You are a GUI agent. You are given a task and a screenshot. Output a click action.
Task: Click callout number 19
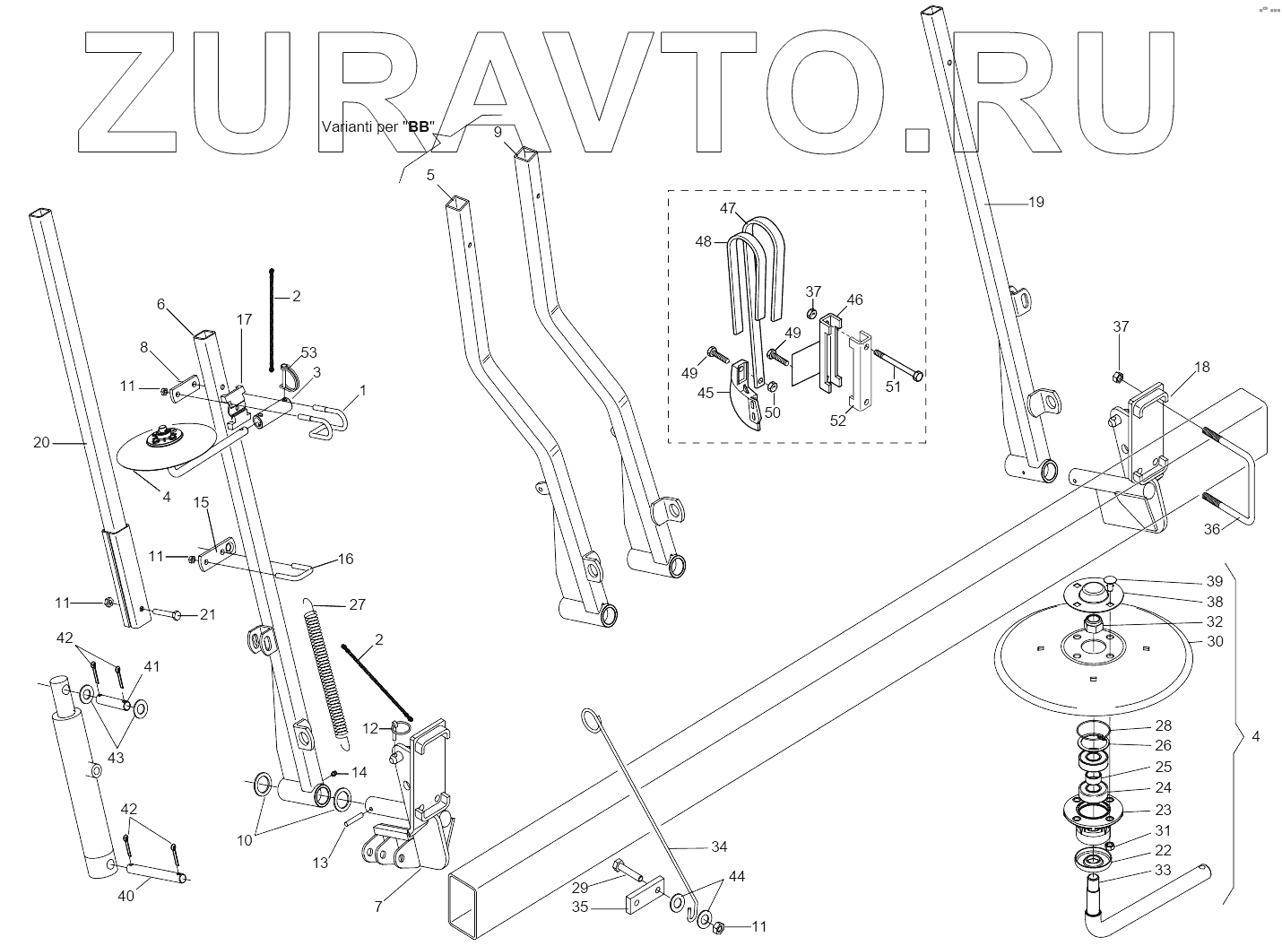click(1035, 202)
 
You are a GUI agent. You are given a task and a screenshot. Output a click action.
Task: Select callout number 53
click(308, 352)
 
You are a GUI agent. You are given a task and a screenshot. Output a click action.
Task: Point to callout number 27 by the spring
click(357, 604)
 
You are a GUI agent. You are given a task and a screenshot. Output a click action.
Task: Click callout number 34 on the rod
click(719, 846)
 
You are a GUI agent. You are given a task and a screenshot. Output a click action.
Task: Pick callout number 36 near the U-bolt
click(1211, 529)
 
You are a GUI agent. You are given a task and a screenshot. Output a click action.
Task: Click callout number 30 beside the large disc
click(1215, 641)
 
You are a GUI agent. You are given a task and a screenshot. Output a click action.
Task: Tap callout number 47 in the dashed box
click(728, 209)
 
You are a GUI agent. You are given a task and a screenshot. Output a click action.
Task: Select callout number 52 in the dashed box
click(837, 421)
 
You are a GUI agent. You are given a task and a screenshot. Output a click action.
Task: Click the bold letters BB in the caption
click(418, 127)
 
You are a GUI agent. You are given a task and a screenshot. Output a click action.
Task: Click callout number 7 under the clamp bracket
click(378, 907)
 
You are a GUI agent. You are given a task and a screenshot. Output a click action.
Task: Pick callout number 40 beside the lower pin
click(126, 895)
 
